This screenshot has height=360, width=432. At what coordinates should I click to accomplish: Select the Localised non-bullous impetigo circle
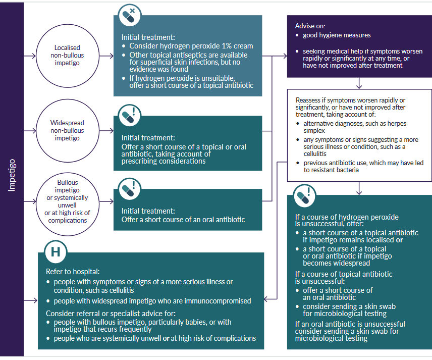click(x=67, y=55)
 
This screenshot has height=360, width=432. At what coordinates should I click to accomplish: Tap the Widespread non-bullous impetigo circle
click(x=67, y=130)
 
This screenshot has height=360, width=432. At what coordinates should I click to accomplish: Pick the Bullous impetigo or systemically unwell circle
click(x=67, y=200)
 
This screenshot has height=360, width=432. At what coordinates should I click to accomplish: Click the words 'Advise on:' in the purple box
click(x=310, y=26)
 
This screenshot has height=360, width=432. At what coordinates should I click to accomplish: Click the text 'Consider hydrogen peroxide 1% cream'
click(x=191, y=46)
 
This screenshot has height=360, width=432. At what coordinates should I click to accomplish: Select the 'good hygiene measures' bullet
click(x=337, y=35)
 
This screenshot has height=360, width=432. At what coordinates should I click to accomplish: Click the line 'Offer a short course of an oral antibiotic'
click(x=183, y=220)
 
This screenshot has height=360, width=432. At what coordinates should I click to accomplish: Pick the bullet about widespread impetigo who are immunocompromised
click(x=152, y=301)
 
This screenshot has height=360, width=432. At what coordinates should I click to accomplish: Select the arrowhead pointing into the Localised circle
click(x=34, y=55)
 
